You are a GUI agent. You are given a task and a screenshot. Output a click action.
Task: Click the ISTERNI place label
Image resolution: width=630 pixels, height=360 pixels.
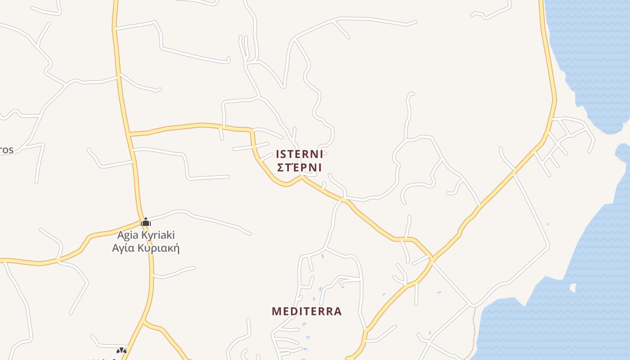[x=299, y=154]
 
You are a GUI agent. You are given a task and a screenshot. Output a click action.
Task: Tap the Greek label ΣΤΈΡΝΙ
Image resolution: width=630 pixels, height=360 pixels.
[x=299, y=168]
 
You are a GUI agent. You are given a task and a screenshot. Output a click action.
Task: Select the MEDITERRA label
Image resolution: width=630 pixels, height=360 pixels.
[x=307, y=311]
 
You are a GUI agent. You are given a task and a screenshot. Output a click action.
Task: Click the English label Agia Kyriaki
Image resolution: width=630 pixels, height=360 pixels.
[x=146, y=235]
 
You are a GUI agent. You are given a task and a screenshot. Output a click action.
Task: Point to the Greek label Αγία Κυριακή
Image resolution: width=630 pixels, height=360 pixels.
[x=146, y=248]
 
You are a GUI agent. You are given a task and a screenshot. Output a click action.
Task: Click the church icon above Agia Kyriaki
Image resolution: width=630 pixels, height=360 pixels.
[x=145, y=222]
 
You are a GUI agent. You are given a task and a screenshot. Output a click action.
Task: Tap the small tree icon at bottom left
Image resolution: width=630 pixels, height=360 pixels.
[x=121, y=351]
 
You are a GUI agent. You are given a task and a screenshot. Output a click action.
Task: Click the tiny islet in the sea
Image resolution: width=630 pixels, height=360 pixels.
[x=573, y=287]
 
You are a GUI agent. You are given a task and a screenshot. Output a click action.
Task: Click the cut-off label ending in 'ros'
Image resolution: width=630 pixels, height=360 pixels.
[x=6, y=150]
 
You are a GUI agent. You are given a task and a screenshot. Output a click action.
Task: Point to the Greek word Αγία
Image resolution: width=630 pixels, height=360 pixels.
[x=123, y=248]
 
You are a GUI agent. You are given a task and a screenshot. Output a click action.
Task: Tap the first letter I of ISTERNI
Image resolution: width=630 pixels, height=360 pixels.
[x=278, y=154]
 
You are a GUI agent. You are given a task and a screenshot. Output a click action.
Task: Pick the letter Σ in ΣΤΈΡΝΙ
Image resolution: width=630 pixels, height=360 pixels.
[x=279, y=168]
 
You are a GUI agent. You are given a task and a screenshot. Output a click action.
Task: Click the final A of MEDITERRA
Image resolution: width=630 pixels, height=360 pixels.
[x=337, y=311]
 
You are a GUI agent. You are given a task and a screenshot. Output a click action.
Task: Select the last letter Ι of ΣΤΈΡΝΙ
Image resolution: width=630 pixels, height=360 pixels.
[x=320, y=168]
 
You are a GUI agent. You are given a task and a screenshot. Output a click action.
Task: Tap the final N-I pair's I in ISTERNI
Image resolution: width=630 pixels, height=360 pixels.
[x=321, y=154]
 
